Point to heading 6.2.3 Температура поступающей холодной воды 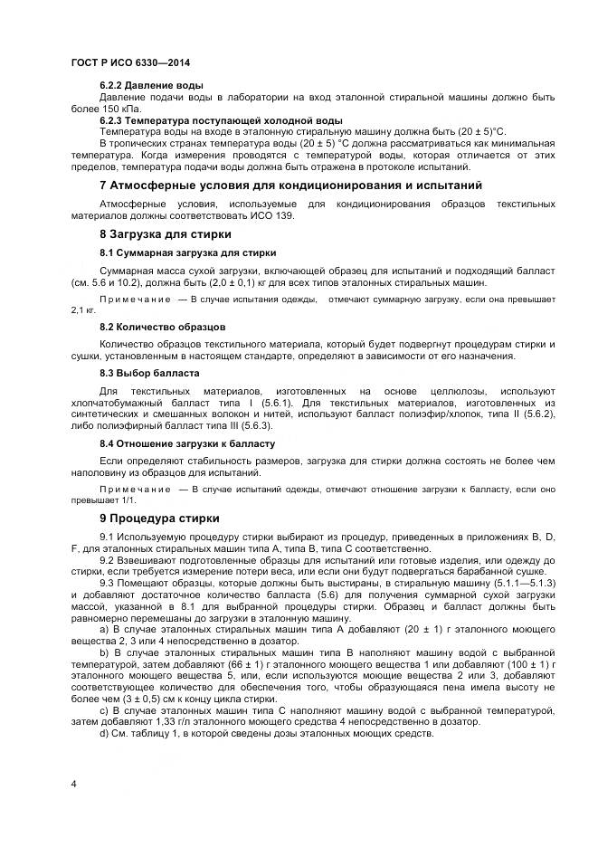click(x=221, y=119)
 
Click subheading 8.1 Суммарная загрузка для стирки click(x=187, y=252)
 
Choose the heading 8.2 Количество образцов click(x=162, y=326)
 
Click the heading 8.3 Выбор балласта click(x=149, y=373)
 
